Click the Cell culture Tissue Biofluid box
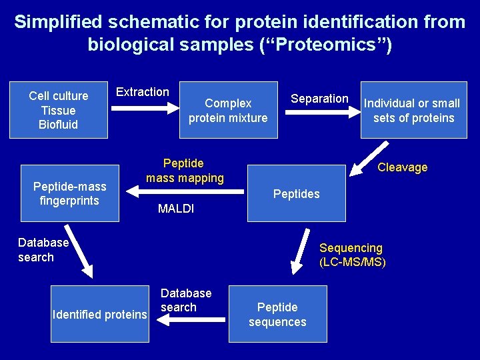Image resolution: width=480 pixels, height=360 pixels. [58, 110]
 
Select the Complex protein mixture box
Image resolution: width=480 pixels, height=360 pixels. [228, 110]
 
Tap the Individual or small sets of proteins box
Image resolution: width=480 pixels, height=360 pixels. [413, 110]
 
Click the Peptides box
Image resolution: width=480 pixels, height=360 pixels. [296, 194]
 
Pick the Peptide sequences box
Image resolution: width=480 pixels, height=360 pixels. [277, 314]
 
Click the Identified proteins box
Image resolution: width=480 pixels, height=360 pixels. [100, 314]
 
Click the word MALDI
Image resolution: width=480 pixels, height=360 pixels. [176, 209]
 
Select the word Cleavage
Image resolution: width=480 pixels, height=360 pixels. [402, 167]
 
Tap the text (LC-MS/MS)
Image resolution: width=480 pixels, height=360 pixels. [353, 262]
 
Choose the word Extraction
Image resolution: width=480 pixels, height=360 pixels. [143, 92]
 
